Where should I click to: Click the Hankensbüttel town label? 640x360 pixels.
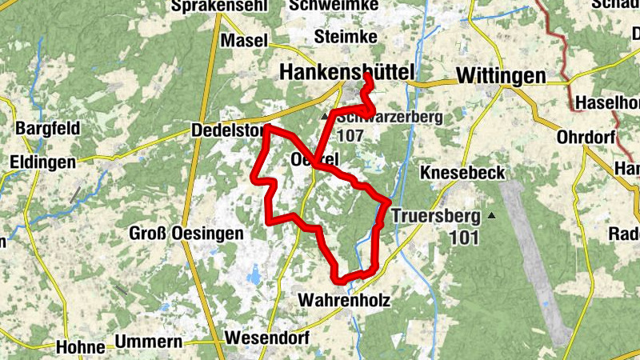[347, 73]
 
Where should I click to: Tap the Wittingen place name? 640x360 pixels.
[501, 75]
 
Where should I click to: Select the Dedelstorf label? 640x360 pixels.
[228, 130]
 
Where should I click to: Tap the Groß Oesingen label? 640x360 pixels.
[174, 234]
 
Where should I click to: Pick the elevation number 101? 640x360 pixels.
[464, 237]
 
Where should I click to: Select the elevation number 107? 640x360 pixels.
[350, 135]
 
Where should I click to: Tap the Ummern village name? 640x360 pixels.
[150, 342]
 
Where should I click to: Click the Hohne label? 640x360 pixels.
[81, 347]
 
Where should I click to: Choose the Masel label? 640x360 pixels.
[244, 41]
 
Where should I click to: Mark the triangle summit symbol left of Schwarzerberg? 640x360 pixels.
[325, 117]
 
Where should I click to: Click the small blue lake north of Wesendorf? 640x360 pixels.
[254, 277]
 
